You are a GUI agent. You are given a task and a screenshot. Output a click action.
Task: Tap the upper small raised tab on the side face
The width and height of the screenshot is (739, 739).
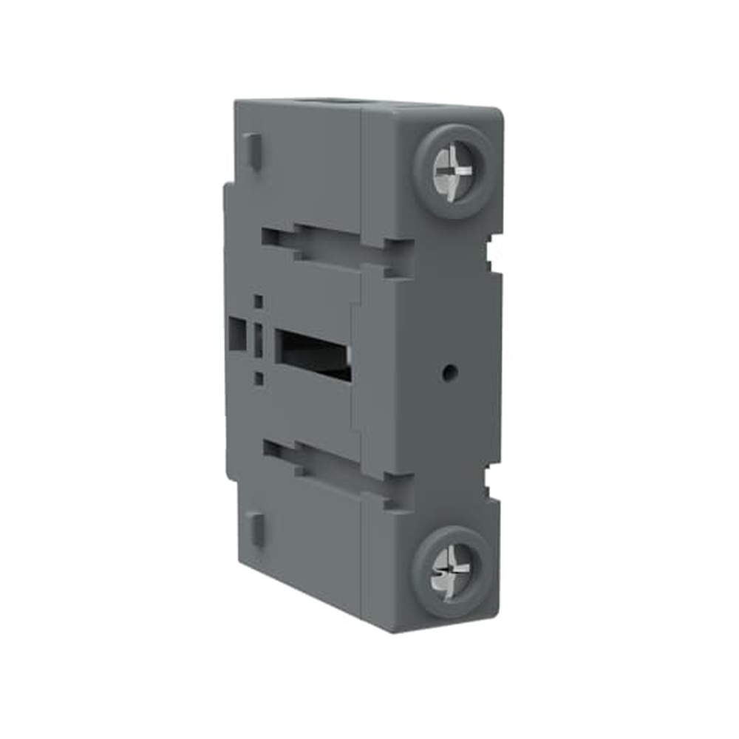253,151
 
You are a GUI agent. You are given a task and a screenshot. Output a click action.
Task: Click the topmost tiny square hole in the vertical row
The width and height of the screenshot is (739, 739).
258,302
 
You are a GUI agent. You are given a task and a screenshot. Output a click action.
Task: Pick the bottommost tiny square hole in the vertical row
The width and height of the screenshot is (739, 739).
259,379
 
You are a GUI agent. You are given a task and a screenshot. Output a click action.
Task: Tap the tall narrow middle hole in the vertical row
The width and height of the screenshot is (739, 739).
258,339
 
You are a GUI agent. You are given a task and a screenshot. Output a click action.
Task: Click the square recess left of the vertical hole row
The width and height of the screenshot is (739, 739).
237,334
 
